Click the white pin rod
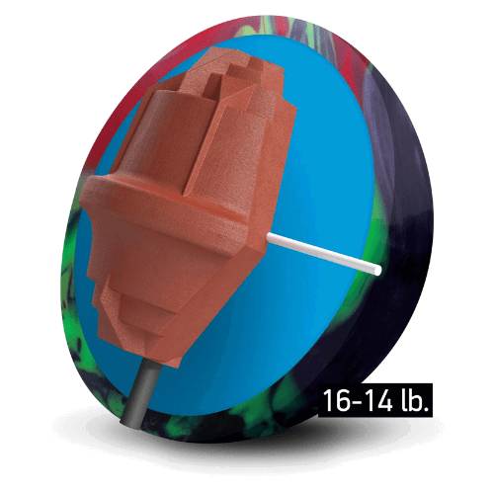[x=321, y=251]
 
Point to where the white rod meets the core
[x=269, y=236]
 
